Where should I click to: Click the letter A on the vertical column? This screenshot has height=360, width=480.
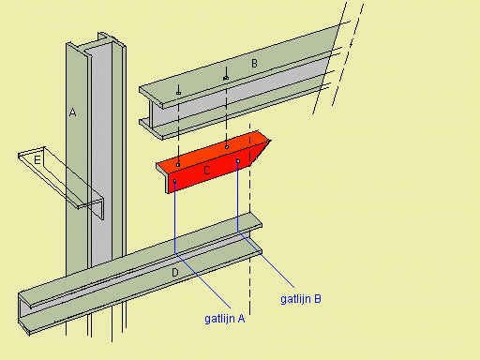[72, 112]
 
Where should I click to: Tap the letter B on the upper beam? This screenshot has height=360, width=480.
[254, 64]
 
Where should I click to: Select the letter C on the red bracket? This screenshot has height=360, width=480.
[206, 171]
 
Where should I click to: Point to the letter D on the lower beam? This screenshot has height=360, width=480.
[175, 273]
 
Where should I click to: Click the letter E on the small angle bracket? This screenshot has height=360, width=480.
[37, 160]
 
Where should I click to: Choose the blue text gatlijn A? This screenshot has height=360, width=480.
[225, 319]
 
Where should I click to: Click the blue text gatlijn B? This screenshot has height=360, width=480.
[301, 299]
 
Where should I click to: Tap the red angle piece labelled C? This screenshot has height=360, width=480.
[213, 162]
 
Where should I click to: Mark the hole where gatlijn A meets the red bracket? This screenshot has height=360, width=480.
[174, 181]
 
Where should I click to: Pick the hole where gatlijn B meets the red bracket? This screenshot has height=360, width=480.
[238, 161]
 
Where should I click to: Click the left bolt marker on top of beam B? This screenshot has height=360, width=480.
[178, 93]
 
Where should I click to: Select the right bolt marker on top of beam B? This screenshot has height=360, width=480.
[226, 78]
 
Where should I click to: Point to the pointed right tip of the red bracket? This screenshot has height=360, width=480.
[271, 141]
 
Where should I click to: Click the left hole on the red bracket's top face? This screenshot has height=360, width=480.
[178, 165]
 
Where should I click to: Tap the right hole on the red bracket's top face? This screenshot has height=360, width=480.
[227, 147]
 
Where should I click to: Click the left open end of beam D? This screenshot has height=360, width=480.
[23, 312]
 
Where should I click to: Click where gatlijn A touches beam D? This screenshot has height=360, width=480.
[174, 252]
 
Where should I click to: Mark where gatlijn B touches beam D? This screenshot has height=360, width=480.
[238, 232]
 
